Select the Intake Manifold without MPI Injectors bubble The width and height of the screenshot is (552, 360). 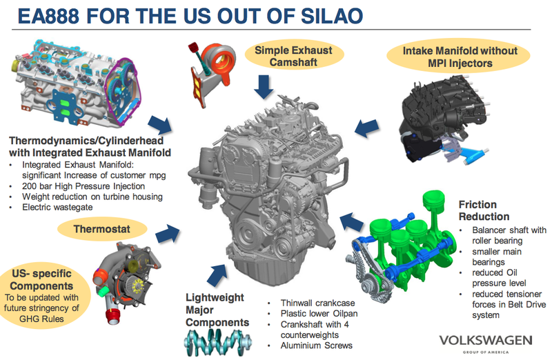(x=450, y=57)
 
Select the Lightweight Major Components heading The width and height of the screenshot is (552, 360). (x=215, y=310)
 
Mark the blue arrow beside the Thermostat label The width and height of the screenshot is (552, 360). (x=166, y=233)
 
